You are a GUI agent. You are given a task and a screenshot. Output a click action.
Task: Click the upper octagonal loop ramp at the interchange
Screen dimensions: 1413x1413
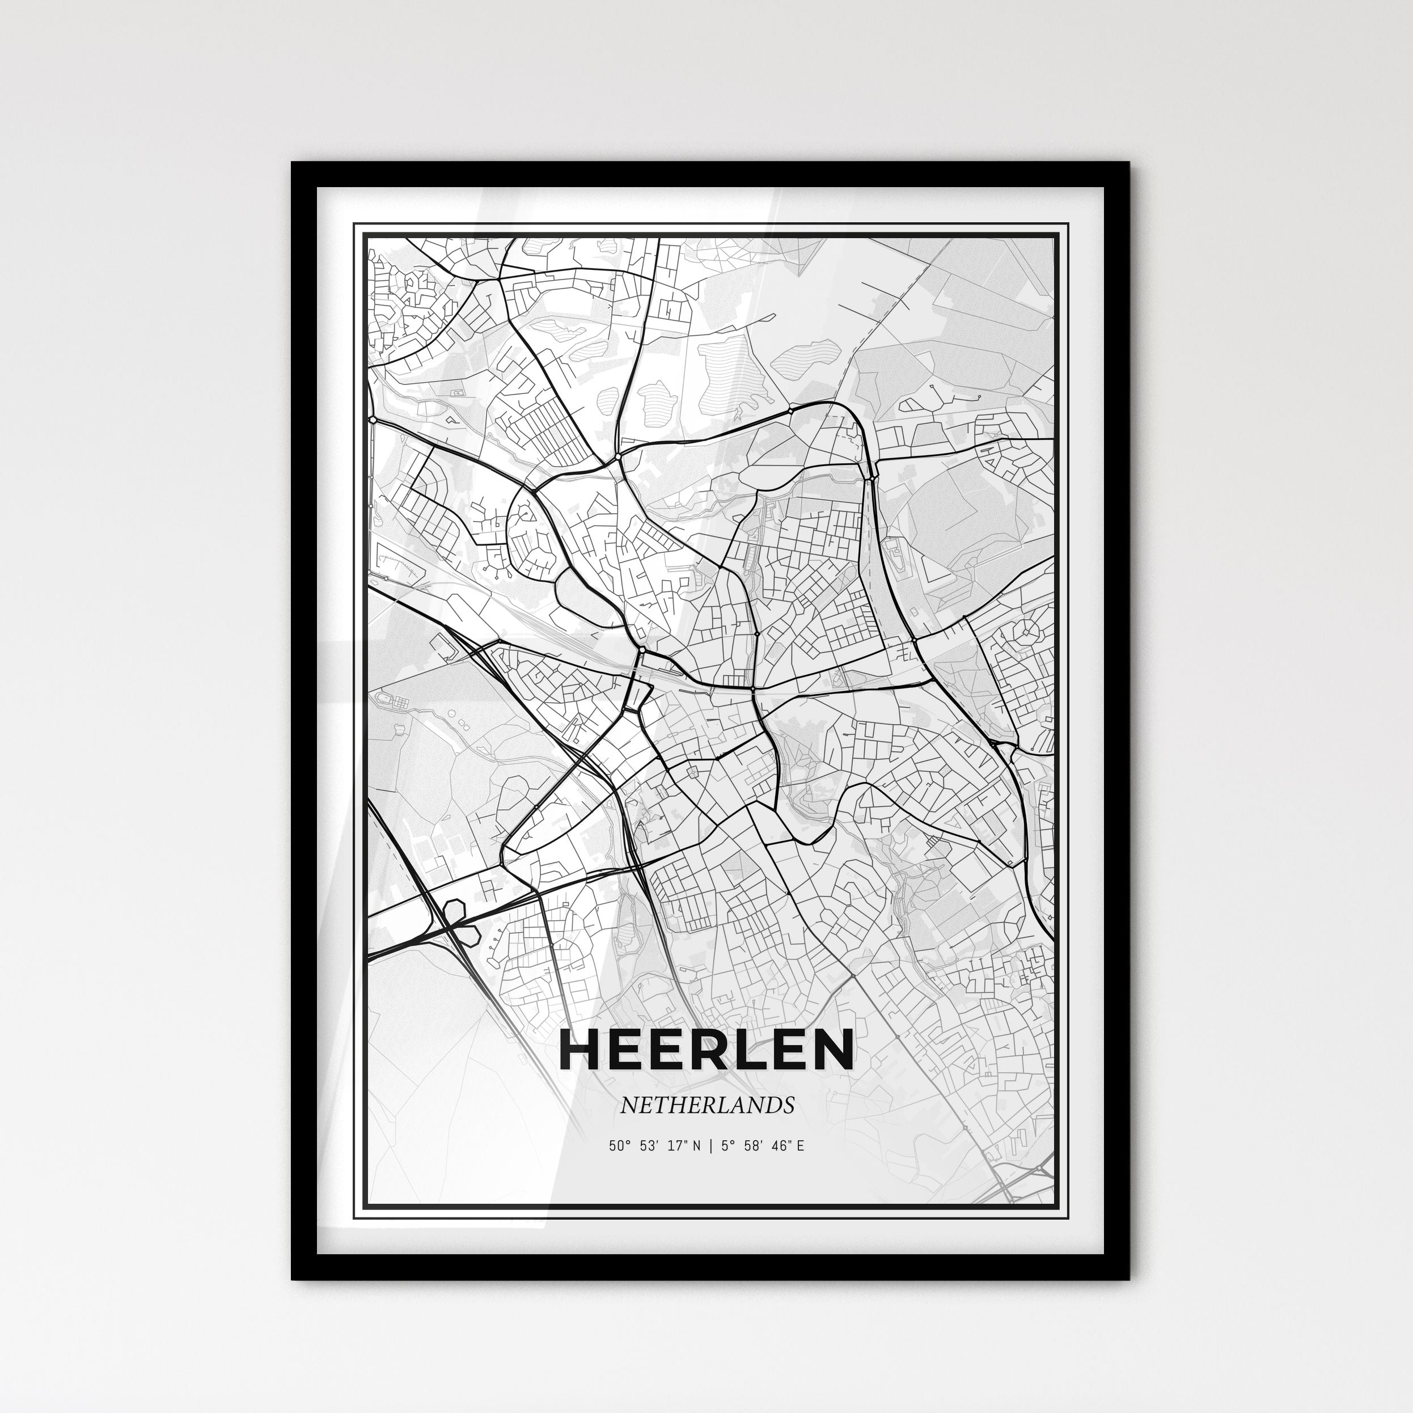(x=454, y=909)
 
